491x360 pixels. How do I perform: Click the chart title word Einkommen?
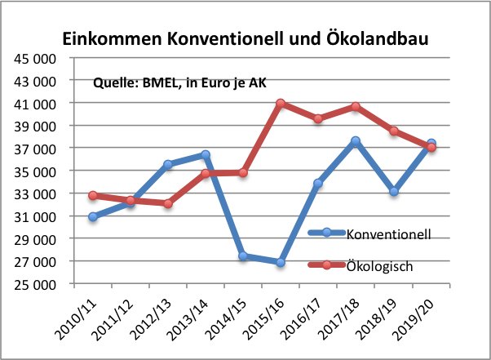[x=112, y=39]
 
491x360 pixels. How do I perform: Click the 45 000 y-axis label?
[x=35, y=59]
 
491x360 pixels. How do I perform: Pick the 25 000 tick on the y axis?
[x=35, y=285]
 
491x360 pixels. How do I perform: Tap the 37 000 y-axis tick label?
[x=35, y=149]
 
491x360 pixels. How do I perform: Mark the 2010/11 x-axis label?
[x=76, y=320]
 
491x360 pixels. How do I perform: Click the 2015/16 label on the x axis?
[x=263, y=320]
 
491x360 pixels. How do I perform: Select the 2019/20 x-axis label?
[x=414, y=320]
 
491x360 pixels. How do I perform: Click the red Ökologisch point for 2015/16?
[x=281, y=103]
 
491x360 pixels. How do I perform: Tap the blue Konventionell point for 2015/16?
[x=281, y=262]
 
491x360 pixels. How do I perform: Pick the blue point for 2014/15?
[x=243, y=256]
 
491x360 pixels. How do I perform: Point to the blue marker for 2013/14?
[x=206, y=154]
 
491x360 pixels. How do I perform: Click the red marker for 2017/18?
[x=356, y=106]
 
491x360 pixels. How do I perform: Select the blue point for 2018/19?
[x=394, y=191]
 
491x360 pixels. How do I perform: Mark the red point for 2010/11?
[x=93, y=195]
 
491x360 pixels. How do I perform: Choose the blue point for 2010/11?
[x=93, y=216]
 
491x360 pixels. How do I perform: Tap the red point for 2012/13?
[x=168, y=203]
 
